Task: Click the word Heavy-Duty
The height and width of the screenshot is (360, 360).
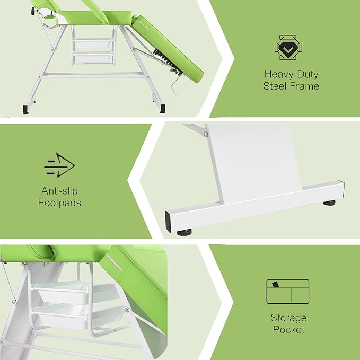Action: pyautogui.click(x=291, y=74)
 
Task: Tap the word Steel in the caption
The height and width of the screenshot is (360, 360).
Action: pyautogui.click(x=275, y=86)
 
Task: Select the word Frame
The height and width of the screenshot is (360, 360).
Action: pyautogui.click(x=305, y=86)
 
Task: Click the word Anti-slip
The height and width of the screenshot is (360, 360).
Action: pyautogui.click(x=59, y=191)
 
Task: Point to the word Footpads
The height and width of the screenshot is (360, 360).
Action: pyautogui.click(x=59, y=203)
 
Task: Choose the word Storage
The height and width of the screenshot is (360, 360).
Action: pyautogui.click(x=288, y=318)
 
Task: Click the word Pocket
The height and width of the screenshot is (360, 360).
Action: pyautogui.click(x=288, y=330)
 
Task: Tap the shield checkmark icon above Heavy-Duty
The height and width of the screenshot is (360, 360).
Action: pyautogui.click(x=288, y=48)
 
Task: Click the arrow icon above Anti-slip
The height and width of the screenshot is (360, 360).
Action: pyautogui.click(x=59, y=165)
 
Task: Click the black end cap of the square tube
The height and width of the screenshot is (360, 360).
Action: pyautogui.click(x=168, y=222)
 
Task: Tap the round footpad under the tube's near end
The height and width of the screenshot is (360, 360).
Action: pyautogui.click(x=185, y=232)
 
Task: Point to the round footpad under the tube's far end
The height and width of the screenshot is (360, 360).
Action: pyautogui.click(x=329, y=203)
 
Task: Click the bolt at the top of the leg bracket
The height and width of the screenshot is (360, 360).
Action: pyautogui.click(x=206, y=133)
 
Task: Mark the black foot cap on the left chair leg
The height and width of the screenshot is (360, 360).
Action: pyautogui.click(x=25, y=109)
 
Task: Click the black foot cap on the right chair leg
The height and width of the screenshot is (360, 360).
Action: pyautogui.click(x=163, y=109)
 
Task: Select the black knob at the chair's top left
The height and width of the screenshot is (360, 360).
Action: pyautogui.click(x=33, y=11)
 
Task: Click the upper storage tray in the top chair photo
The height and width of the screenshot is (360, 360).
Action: pyautogui.click(x=93, y=43)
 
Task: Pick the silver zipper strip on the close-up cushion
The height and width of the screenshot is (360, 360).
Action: pyautogui.click(x=114, y=262)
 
